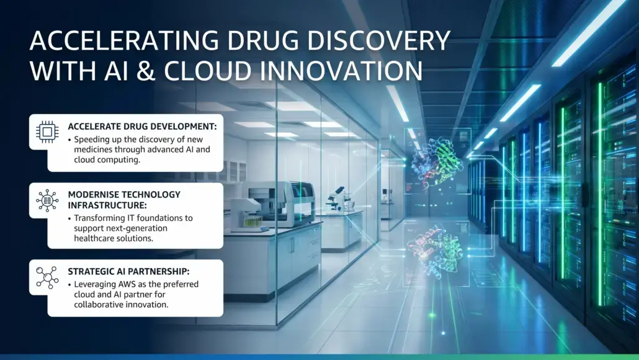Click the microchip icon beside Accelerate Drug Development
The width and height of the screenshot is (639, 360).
[47, 132]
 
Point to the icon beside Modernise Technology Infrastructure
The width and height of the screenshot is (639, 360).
[47, 200]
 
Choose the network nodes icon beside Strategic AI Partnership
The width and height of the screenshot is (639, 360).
[47, 277]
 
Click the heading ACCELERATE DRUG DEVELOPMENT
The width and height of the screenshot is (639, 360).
[142, 127]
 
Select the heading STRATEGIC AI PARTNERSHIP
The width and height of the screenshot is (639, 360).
[128, 271]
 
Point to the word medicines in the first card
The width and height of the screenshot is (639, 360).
[92, 150]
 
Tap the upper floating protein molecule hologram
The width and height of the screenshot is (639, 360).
[437, 161]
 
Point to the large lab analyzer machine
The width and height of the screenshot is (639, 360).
[281, 203]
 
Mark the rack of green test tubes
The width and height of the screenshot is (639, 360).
[252, 222]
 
